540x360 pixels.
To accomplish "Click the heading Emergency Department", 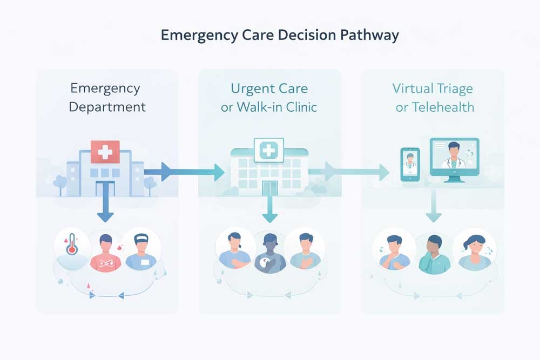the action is [x=107, y=97].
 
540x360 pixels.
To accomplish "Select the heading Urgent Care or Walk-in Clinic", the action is [x=269, y=97].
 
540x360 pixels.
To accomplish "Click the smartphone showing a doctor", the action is [x=410, y=164].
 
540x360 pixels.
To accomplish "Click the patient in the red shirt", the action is [x=106, y=252].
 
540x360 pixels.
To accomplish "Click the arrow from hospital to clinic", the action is [x=184, y=172].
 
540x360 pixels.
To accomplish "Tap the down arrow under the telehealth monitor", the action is [x=433, y=208].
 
